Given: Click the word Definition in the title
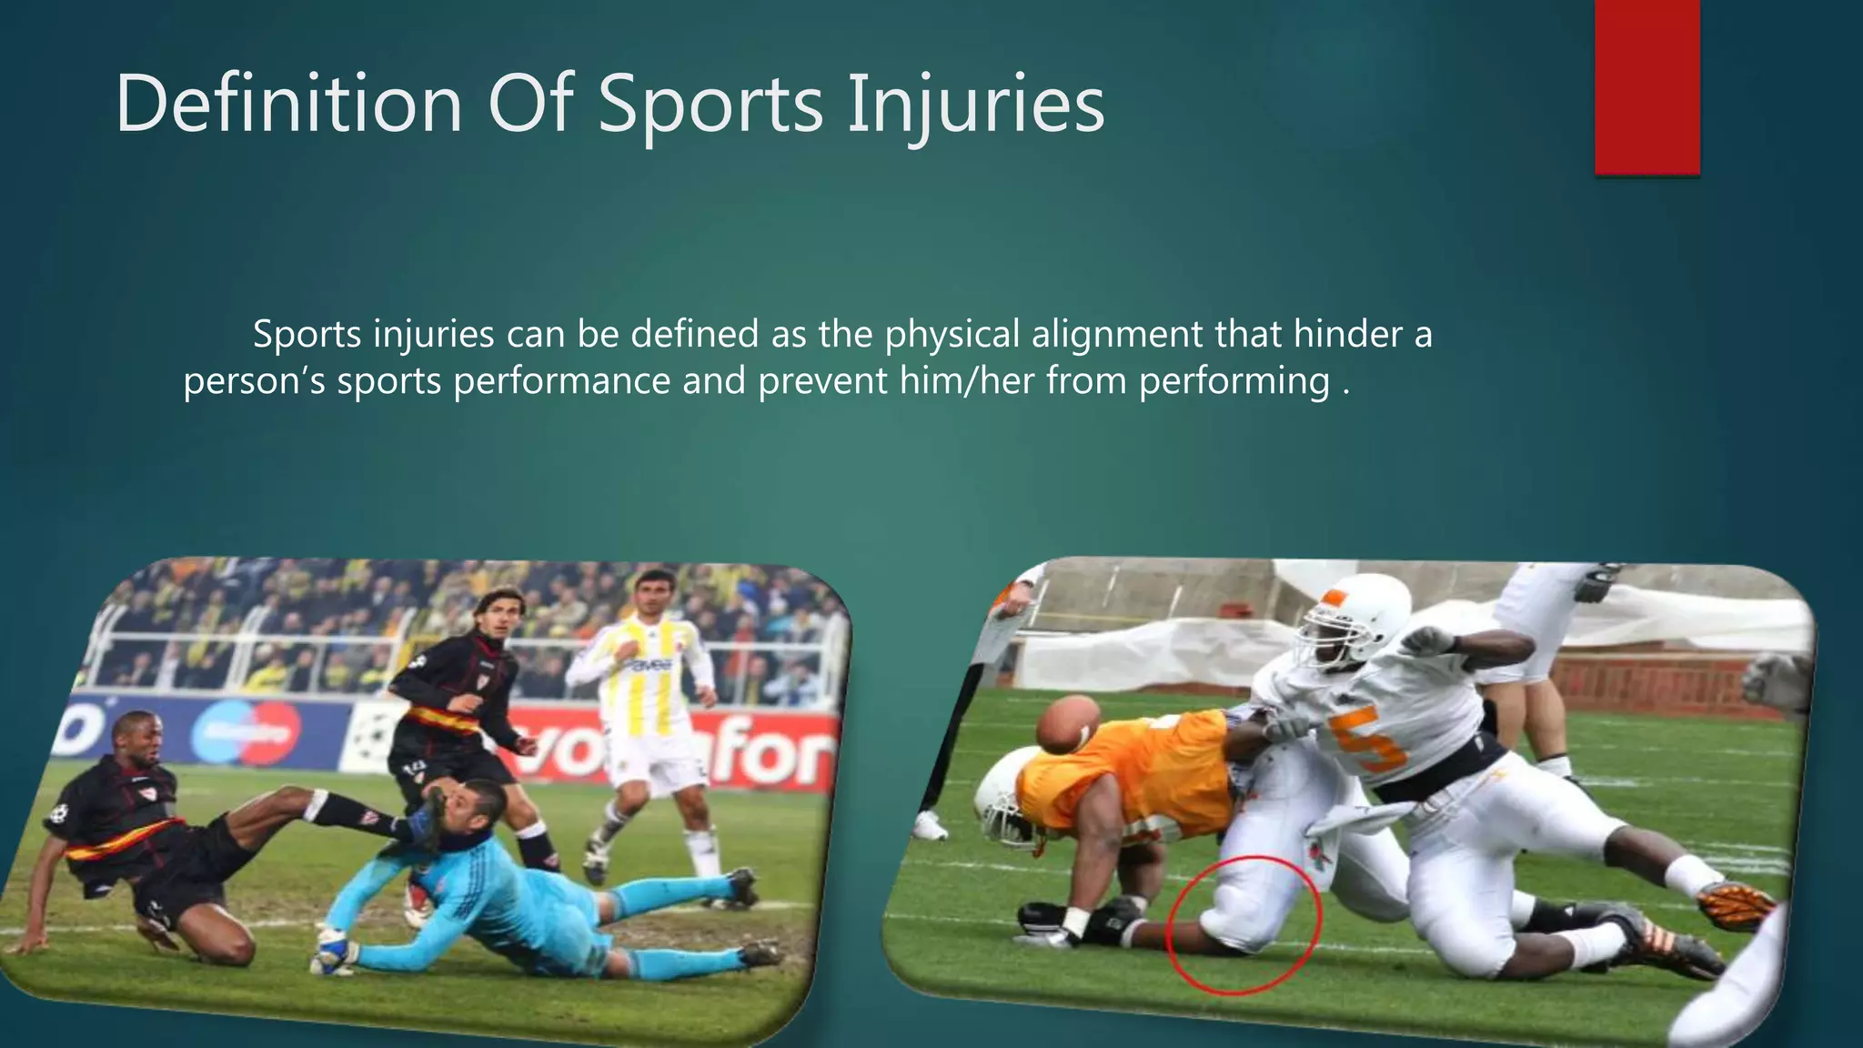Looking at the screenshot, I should tap(289, 105).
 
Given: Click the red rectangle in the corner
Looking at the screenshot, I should tap(1646, 86).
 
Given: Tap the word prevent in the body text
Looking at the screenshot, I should tap(822, 380).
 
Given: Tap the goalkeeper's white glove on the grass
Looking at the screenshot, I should tap(333, 954).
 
